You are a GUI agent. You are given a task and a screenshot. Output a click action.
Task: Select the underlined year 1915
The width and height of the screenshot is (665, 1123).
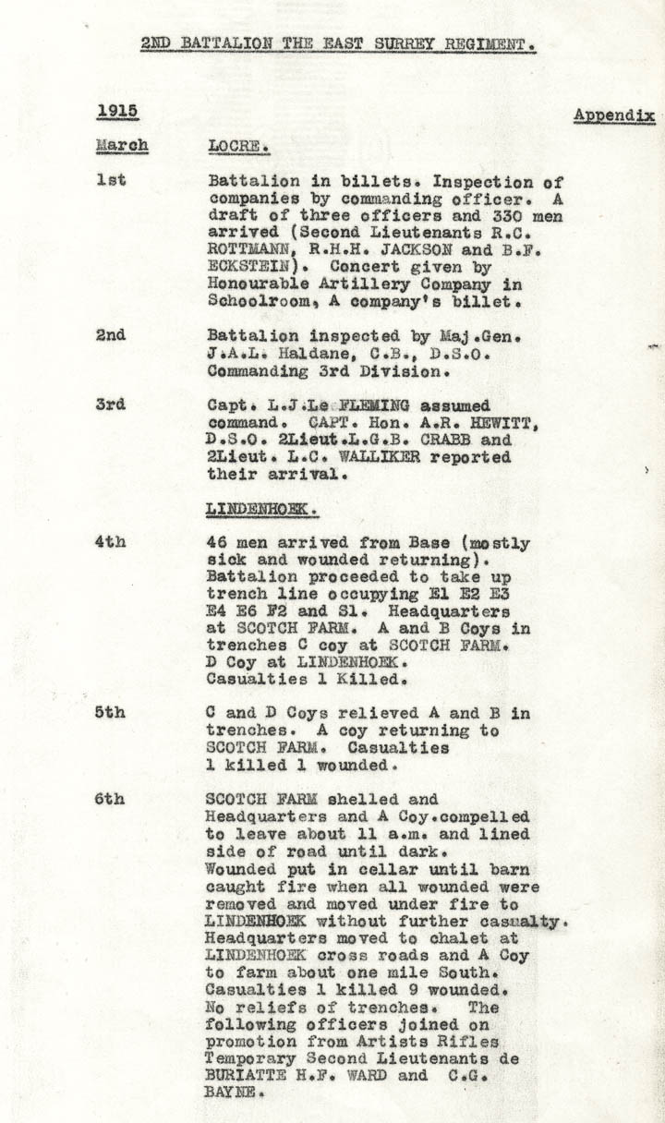(117, 111)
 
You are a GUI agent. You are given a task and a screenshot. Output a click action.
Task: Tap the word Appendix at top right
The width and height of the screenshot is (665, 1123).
(614, 115)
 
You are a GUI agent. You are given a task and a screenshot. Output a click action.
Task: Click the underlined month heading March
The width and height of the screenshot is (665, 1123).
(122, 146)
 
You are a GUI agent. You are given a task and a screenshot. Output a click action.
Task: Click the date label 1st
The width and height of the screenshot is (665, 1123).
(111, 180)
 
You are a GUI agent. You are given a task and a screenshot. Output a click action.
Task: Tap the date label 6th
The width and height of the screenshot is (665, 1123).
(111, 800)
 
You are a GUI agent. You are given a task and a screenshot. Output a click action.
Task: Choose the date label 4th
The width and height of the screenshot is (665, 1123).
(111, 542)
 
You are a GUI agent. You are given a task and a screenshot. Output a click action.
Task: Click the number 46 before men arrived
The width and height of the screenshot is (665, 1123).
(218, 543)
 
